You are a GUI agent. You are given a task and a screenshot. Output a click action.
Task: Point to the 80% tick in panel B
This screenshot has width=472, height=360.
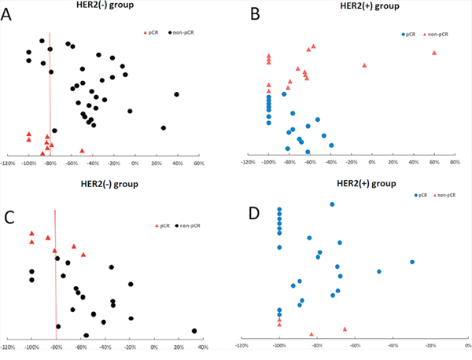click(x=454, y=162)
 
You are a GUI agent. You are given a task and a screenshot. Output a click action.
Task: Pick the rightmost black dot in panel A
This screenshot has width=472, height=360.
click(x=176, y=94)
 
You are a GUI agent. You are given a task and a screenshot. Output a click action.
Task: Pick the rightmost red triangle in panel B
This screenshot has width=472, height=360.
click(x=434, y=53)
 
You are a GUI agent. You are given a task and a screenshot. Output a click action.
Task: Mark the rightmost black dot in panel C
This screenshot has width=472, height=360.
click(x=194, y=330)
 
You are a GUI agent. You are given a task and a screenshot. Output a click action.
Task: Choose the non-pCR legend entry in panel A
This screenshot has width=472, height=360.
click(x=183, y=33)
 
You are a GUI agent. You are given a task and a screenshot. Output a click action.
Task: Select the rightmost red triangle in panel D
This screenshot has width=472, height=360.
click(x=345, y=329)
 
